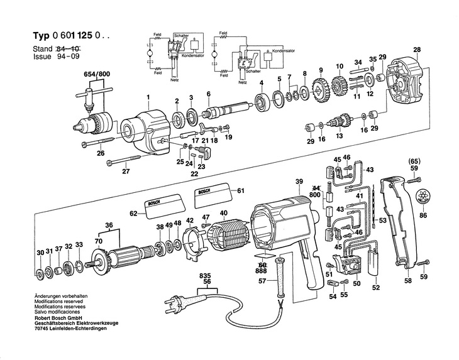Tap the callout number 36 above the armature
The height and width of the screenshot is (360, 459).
point(109,226)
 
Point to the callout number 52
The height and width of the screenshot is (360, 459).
point(376,288)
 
